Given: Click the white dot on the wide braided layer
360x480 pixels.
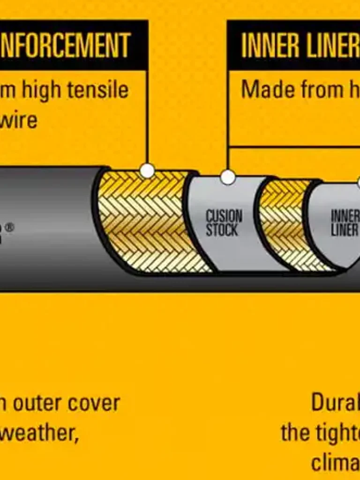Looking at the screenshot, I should [147, 171].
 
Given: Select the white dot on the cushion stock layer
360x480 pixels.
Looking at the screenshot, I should [228, 177].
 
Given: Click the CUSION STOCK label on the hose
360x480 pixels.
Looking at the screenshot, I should [224, 223].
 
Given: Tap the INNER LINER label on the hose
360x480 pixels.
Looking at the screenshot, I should [345, 223].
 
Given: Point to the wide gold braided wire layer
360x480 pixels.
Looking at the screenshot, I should [145, 220].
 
